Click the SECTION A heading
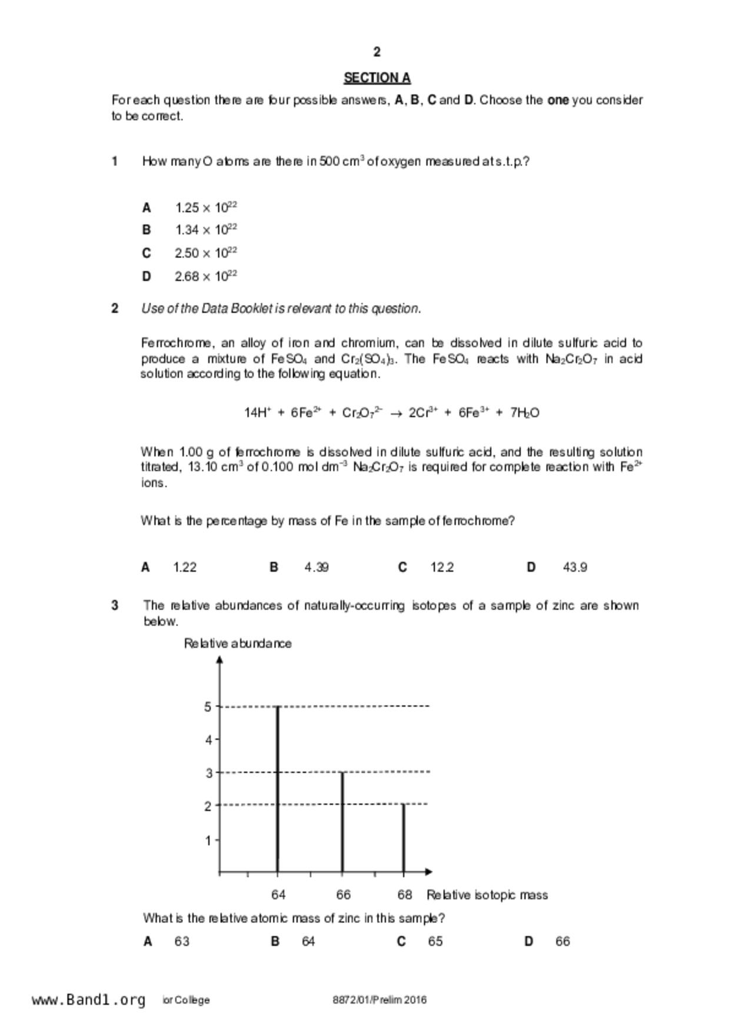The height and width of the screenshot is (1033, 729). (x=377, y=78)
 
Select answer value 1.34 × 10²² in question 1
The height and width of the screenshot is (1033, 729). (x=205, y=230)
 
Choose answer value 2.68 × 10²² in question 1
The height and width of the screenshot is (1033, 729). (x=205, y=276)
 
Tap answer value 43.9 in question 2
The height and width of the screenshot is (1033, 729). (x=574, y=567)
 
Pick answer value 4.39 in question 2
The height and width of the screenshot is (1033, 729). (x=317, y=567)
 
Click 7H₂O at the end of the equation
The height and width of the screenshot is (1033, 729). (x=525, y=413)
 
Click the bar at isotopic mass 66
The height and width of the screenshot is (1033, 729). (x=342, y=822)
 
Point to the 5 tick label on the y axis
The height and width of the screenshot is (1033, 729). (x=208, y=706)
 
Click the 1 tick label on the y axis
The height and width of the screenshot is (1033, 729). (x=208, y=840)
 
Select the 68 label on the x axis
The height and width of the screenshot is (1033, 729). (x=404, y=895)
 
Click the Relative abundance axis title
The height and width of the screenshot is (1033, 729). (x=238, y=643)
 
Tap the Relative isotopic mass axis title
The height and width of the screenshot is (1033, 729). (x=487, y=895)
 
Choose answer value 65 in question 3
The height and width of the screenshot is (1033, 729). (x=435, y=941)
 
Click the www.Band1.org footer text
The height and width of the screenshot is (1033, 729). (x=88, y=1000)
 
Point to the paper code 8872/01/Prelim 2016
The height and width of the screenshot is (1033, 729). (x=380, y=999)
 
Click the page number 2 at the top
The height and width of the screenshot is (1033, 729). (x=377, y=52)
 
